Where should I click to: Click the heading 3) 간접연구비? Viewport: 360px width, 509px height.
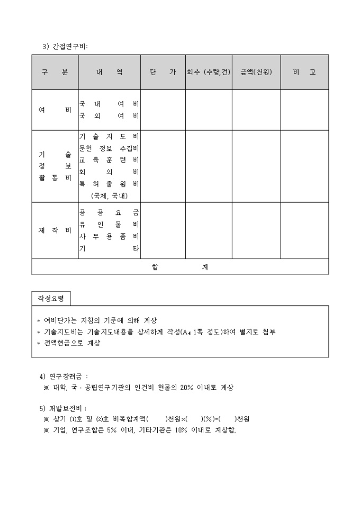tap(65, 46)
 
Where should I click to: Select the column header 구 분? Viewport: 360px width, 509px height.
tap(55, 72)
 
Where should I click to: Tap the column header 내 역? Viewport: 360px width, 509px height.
tap(109, 72)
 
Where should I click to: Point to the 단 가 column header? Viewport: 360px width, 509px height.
tap(163, 72)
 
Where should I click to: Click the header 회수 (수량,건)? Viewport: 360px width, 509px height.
tap(208, 72)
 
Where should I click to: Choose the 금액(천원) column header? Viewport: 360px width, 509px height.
tap(256, 72)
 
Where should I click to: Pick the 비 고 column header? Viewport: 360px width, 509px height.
tap(304, 72)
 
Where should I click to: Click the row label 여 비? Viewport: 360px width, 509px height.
tap(55, 110)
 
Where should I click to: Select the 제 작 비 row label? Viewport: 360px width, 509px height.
tap(55, 231)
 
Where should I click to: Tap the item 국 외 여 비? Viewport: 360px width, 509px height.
tap(109, 116)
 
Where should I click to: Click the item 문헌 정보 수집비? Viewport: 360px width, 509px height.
tap(109, 148)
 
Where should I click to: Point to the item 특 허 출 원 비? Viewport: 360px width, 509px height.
tap(109, 184)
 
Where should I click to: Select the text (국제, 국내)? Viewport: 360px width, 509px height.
tap(109, 195)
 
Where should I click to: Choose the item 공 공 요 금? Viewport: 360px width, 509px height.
tap(109, 213)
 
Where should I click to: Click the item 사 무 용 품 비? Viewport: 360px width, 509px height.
tap(109, 237)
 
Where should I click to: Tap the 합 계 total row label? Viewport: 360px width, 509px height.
tap(179, 267)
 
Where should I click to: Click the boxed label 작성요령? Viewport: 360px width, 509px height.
tap(51, 298)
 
